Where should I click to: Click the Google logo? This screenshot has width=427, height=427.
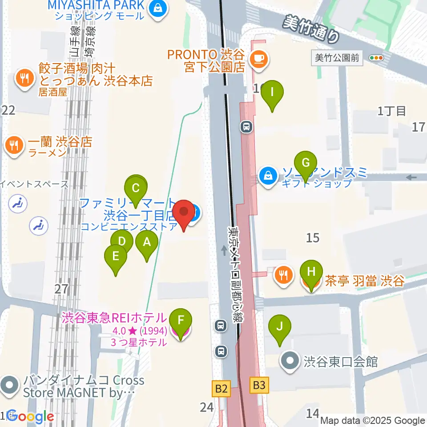pyautogui.click(x=30, y=417)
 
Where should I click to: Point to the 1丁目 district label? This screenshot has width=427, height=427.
pyautogui.click(x=391, y=111)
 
